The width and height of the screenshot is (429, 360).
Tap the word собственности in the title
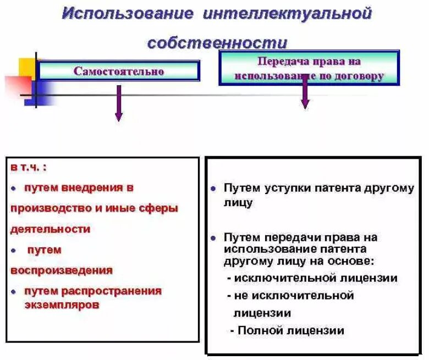pos(217,42)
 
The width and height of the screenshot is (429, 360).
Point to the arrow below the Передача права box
pos(305,96)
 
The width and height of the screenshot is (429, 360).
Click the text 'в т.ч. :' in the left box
pos(29,166)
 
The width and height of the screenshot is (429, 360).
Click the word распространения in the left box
pos(119,291)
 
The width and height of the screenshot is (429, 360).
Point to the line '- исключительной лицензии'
pos(312,278)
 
